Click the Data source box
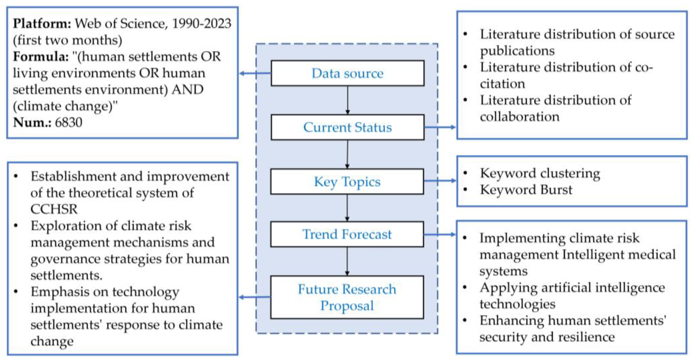tap(347, 73)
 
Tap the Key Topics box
tap(347, 181)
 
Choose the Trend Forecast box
tap(347, 234)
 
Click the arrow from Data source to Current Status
tap(348, 100)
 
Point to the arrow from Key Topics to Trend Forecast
tap(347, 208)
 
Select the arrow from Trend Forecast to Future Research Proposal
tap(347, 261)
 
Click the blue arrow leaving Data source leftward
tap(255, 73)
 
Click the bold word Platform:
tap(42, 24)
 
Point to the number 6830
tap(69, 123)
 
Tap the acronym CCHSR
tap(54, 209)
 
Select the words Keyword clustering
tap(540, 173)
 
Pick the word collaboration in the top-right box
tap(519, 117)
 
